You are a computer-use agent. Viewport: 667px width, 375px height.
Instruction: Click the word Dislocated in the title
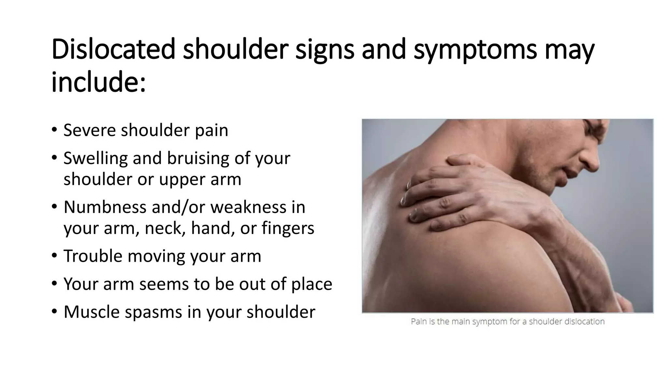[x=113, y=49]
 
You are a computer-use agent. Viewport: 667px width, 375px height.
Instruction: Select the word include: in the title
[x=98, y=82]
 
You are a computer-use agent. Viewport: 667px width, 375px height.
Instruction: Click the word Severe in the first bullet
[x=89, y=130]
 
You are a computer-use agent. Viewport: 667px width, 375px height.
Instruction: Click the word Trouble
[x=92, y=256]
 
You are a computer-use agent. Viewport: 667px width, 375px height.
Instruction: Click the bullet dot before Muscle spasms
[x=54, y=312]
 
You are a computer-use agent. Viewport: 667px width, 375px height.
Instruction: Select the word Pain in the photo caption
[x=418, y=322]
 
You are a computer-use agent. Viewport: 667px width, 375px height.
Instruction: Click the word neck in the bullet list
[x=163, y=228]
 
